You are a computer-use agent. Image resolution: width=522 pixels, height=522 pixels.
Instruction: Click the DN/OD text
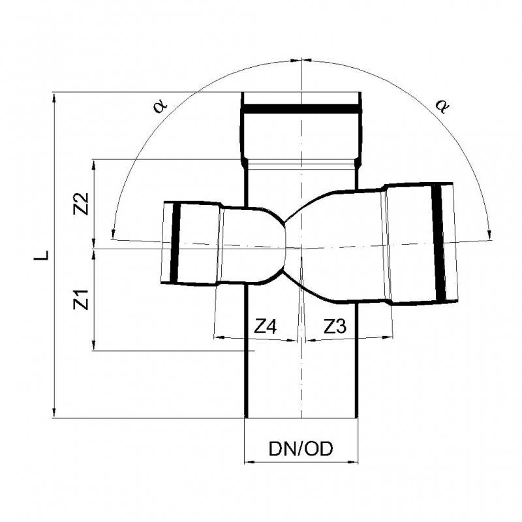click(x=301, y=449)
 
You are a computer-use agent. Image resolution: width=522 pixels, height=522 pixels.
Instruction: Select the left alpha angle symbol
click(x=161, y=104)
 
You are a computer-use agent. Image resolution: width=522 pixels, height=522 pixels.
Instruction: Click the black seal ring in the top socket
click(x=301, y=110)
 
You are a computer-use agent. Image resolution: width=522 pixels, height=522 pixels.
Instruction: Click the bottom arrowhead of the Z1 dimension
click(x=95, y=347)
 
